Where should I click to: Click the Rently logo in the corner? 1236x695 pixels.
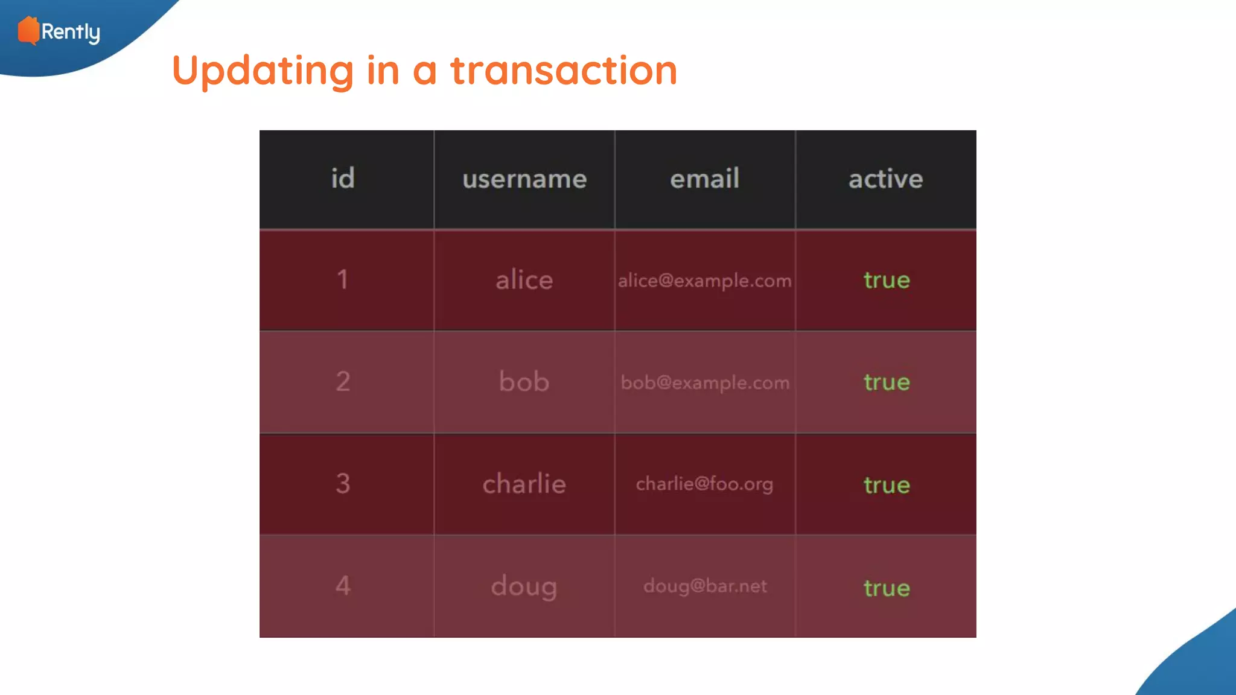[59, 31]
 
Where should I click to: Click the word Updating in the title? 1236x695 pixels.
[263, 71]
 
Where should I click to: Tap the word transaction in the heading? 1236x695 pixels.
[564, 71]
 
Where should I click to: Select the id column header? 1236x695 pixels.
[343, 179]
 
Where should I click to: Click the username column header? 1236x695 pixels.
[524, 179]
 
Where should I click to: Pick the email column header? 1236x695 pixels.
[704, 179]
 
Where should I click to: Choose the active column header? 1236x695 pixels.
[885, 179]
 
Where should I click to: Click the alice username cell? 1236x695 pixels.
[524, 280]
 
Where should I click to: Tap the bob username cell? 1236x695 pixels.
[524, 382]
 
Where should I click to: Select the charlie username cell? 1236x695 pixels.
[524, 484]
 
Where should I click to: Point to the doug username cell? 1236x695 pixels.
[524, 586]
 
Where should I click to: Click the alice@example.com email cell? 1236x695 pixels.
[704, 281]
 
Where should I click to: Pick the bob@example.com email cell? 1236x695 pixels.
[704, 382]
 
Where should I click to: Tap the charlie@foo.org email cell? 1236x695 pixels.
[704, 484]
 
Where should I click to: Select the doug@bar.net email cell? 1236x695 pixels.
[704, 586]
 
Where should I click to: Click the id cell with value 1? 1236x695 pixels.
[343, 280]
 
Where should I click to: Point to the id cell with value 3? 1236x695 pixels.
[343, 484]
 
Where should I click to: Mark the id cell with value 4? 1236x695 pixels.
[343, 586]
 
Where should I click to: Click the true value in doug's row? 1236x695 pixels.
[886, 588]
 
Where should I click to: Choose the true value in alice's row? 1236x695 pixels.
[886, 280]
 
